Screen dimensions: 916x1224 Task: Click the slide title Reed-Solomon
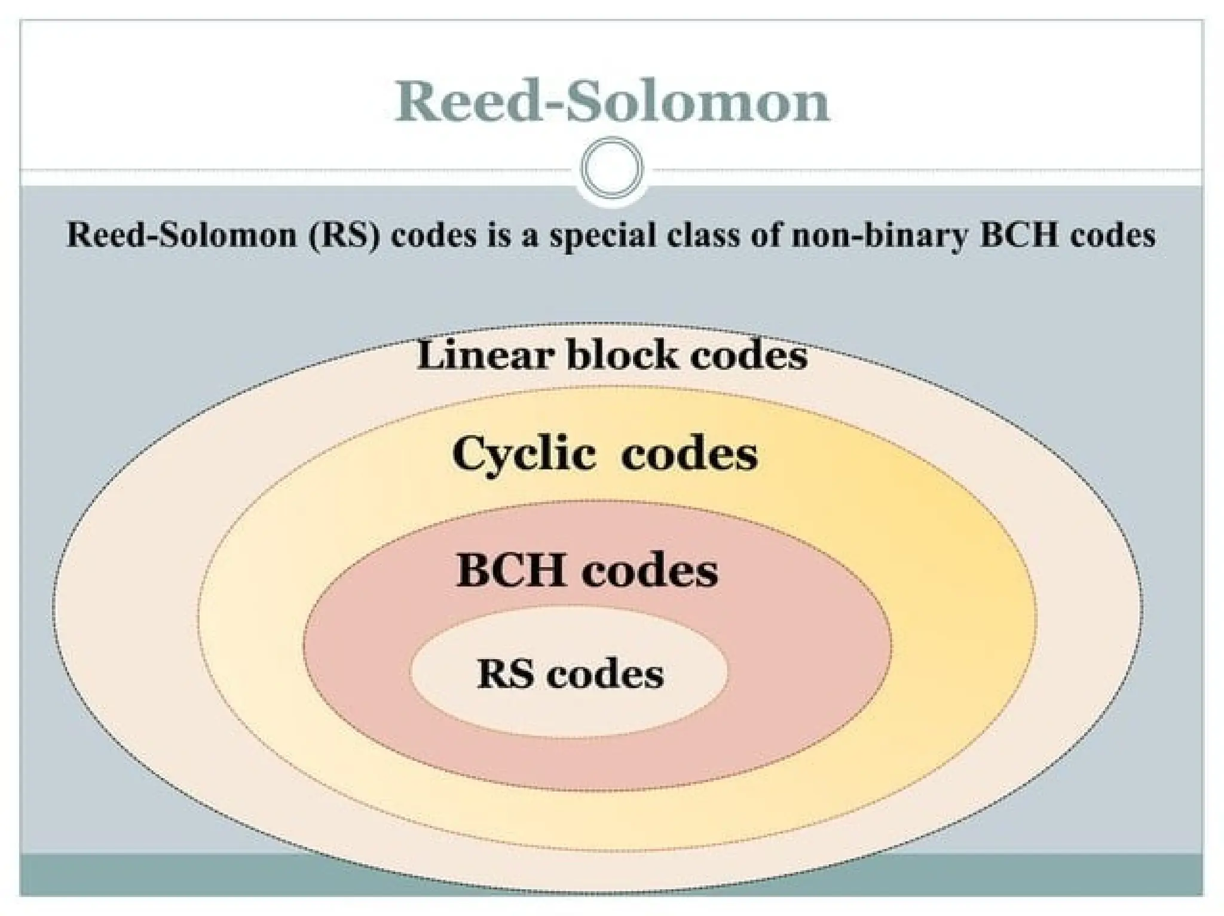612,102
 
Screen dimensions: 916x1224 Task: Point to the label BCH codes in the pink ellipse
587,570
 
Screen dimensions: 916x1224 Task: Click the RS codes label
570,674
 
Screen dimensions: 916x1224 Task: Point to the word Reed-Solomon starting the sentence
182,235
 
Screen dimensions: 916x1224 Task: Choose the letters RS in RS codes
506,674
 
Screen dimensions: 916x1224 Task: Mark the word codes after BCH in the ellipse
650,570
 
